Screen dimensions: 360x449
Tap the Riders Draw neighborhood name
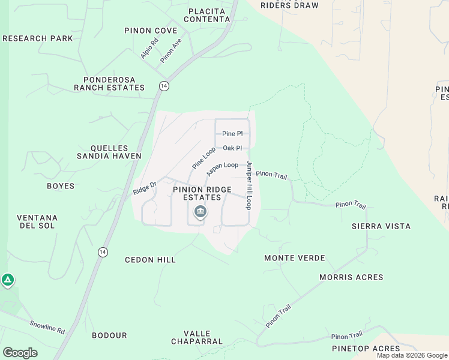tap(290, 5)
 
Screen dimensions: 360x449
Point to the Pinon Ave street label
tap(170, 51)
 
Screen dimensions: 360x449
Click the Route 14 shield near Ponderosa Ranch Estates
tap(164, 86)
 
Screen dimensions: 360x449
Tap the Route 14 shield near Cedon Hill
tap(103, 251)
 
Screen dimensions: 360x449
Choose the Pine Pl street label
tap(232, 134)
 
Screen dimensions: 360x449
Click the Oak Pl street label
tap(232, 148)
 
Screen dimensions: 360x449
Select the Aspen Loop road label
tap(222, 169)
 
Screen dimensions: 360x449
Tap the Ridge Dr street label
tap(145, 188)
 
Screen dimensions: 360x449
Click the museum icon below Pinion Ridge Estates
tap(200, 212)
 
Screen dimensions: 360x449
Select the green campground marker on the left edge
tap(7, 280)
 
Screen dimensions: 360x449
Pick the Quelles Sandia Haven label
tap(109, 152)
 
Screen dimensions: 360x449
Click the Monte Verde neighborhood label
tap(295, 258)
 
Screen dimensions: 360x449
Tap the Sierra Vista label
tap(381, 226)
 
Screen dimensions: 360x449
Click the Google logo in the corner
tap(20, 353)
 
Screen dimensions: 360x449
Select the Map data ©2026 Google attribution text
tap(412, 355)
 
